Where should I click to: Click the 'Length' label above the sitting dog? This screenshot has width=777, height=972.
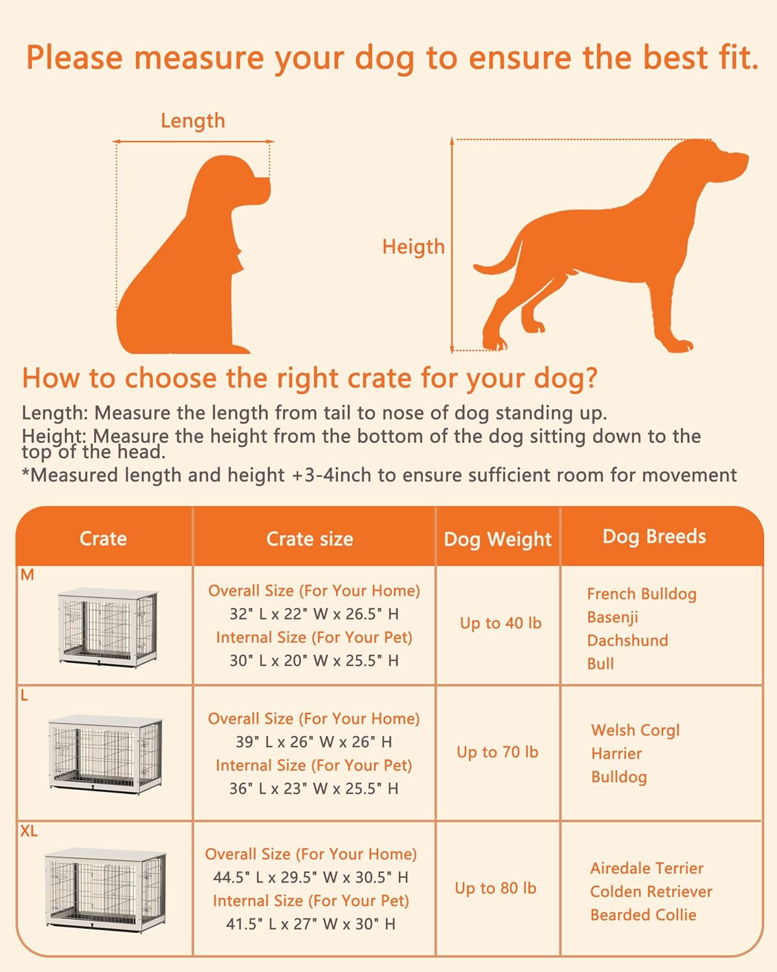click(x=193, y=121)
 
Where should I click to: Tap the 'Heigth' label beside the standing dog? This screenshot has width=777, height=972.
click(x=413, y=246)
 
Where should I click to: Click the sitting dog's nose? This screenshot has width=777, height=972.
click(x=265, y=183)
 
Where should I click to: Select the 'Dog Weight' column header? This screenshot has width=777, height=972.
click(x=497, y=539)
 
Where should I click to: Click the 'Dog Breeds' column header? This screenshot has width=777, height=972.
click(x=654, y=537)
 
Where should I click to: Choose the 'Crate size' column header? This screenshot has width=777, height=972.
click(x=310, y=539)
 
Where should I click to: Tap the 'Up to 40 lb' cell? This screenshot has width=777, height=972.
click(x=500, y=623)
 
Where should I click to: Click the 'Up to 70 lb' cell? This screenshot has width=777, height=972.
click(x=497, y=752)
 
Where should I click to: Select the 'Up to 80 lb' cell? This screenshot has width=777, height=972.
click(x=495, y=888)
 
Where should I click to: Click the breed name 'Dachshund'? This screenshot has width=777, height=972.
click(x=627, y=640)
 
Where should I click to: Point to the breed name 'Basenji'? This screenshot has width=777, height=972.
click(x=613, y=617)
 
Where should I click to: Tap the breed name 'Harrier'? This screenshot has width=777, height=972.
click(x=616, y=753)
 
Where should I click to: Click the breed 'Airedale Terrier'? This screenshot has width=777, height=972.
click(x=646, y=868)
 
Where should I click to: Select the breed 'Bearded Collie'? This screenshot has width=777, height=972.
click(x=643, y=915)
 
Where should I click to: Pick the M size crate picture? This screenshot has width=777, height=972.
click(x=107, y=627)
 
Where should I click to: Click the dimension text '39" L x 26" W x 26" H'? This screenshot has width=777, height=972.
click(x=313, y=742)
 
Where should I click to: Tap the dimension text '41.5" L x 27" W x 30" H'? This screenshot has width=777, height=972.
click(x=310, y=924)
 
